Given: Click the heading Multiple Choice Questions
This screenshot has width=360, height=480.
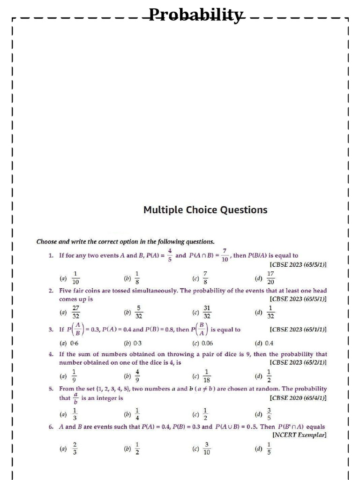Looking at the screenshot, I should (x=205, y=210).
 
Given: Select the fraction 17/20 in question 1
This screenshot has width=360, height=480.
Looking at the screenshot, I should (x=270, y=277).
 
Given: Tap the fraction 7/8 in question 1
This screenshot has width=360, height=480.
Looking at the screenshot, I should (x=205, y=277).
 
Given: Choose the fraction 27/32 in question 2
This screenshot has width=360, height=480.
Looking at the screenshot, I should (x=75, y=312).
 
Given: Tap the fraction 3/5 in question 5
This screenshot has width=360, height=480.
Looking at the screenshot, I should (x=269, y=414).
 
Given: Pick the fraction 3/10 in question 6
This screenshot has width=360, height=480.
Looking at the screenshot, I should (x=207, y=449).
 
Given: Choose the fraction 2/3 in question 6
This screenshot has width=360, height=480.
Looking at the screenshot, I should (x=75, y=449).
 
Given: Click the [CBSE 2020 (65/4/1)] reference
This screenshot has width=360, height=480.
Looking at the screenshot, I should (x=298, y=398).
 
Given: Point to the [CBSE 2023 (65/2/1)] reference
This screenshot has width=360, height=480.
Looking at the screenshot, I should (x=298, y=362).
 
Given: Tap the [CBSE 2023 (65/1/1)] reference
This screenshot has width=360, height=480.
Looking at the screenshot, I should (x=298, y=330).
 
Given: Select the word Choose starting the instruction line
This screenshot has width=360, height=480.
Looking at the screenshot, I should (x=46, y=242).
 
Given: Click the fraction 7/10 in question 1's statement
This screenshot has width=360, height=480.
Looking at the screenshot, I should (x=225, y=256).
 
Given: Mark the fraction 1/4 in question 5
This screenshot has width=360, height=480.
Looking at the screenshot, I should (x=137, y=414).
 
